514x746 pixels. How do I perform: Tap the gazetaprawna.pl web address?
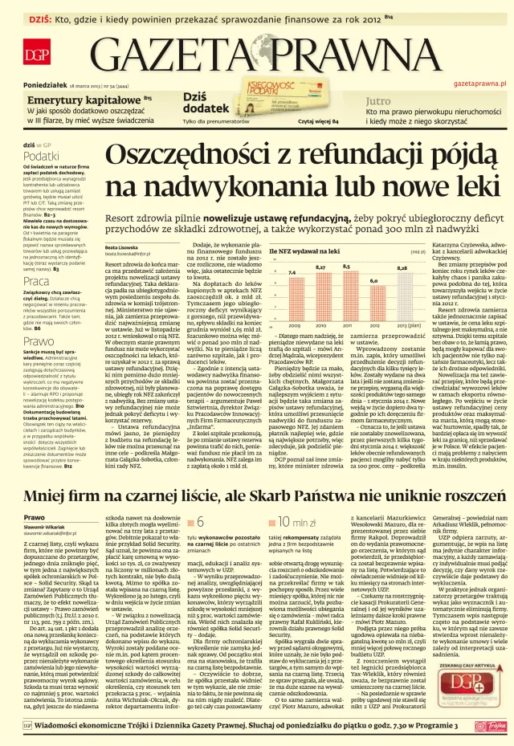(480, 84)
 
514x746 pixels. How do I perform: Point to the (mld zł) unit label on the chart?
(418, 252)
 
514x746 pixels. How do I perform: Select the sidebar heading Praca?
(35, 282)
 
